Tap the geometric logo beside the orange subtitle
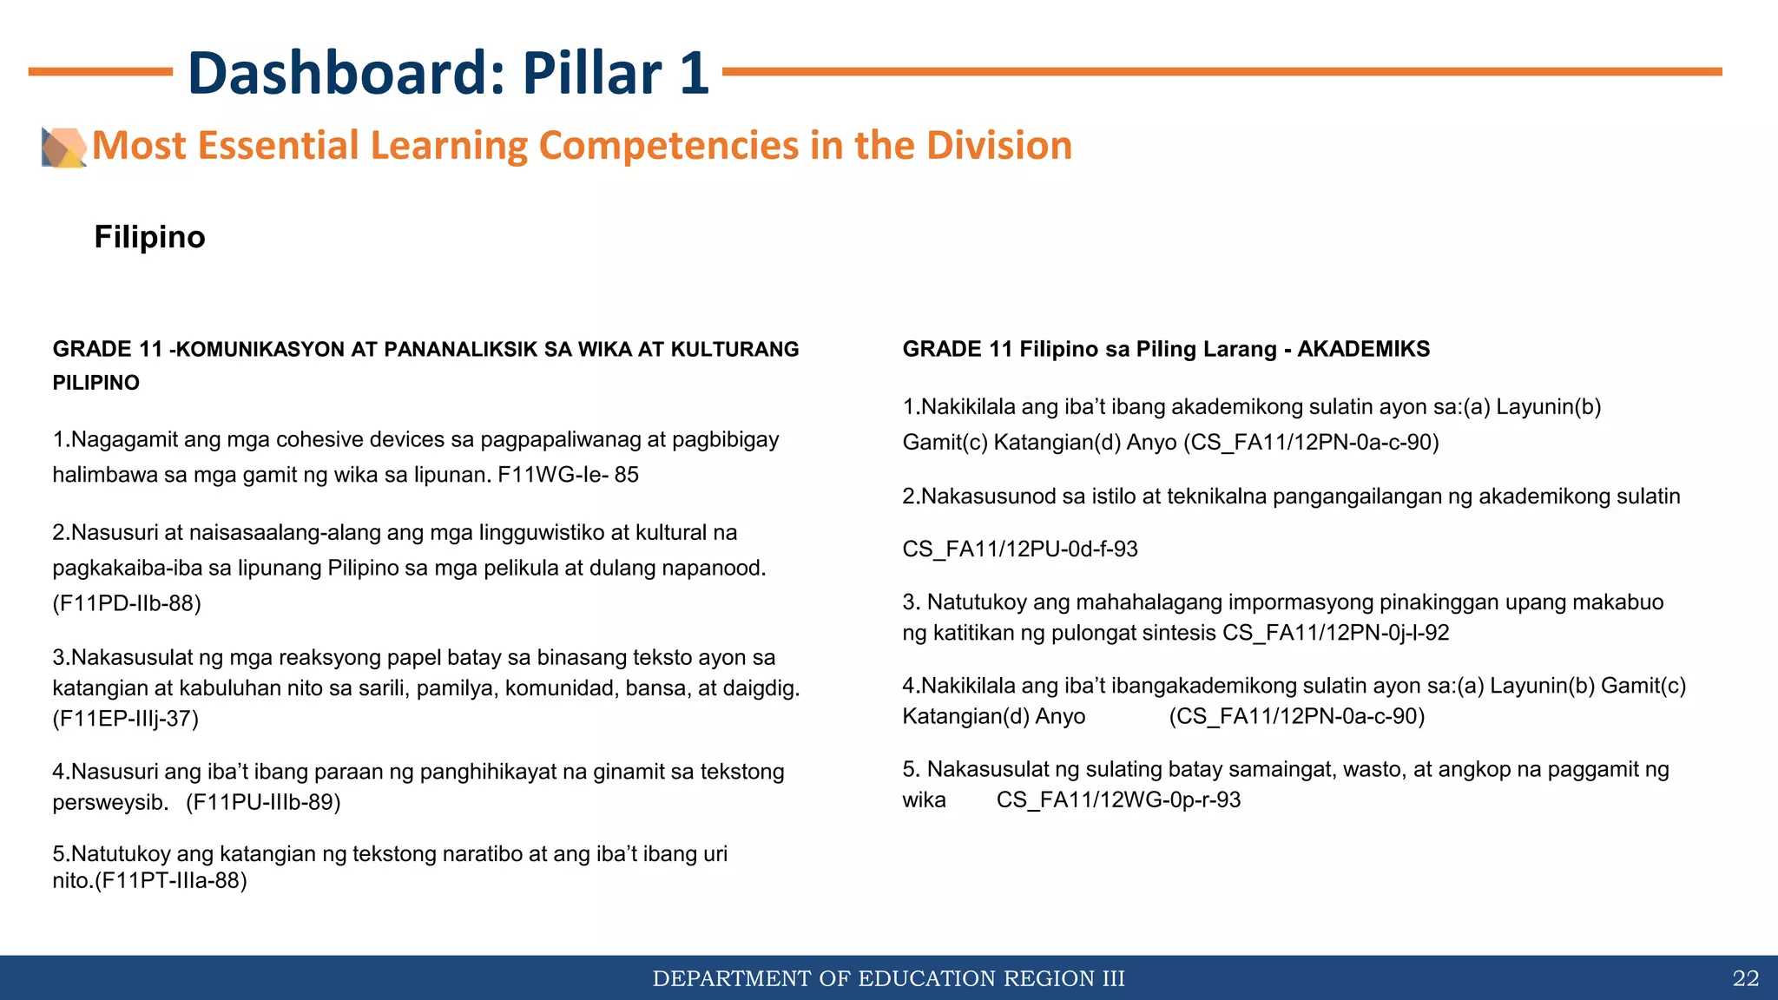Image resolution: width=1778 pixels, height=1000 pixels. pyautogui.click(x=63, y=147)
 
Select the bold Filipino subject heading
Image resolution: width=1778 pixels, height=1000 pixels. pyautogui.click(x=149, y=237)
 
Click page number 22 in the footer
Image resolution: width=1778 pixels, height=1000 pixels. pyautogui.click(x=1745, y=979)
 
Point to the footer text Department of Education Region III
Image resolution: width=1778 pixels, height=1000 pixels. pyautogui.click(x=888, y=979)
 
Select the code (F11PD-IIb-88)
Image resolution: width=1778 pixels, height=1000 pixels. pyautogui.click(x=127, y=603)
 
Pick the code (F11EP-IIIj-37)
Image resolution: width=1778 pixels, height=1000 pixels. pyautogui.click(x=126, y=719)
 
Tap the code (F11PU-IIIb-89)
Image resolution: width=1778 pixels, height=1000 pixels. pyautogui.click(x=263, y=802)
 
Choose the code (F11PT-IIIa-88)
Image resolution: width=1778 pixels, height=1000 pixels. pyautogui.click(x=171, y=881)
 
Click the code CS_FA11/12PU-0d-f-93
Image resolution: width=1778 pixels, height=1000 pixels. pyautogui.click(x=1020, y=549)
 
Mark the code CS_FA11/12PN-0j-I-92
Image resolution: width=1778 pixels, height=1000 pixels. pyautogui.click(x=1336, y=633)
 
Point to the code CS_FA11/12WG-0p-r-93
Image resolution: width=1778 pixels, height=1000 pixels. pyautogui.click(x=1118, y=799)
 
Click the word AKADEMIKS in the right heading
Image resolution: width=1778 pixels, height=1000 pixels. pyautogui.click(x=1363, y=349)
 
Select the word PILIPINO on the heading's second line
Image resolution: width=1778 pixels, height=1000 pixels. pyautogui.click(x=95, y=383)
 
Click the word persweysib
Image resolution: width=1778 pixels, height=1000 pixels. pyautogui.click(x=110, y=802)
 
